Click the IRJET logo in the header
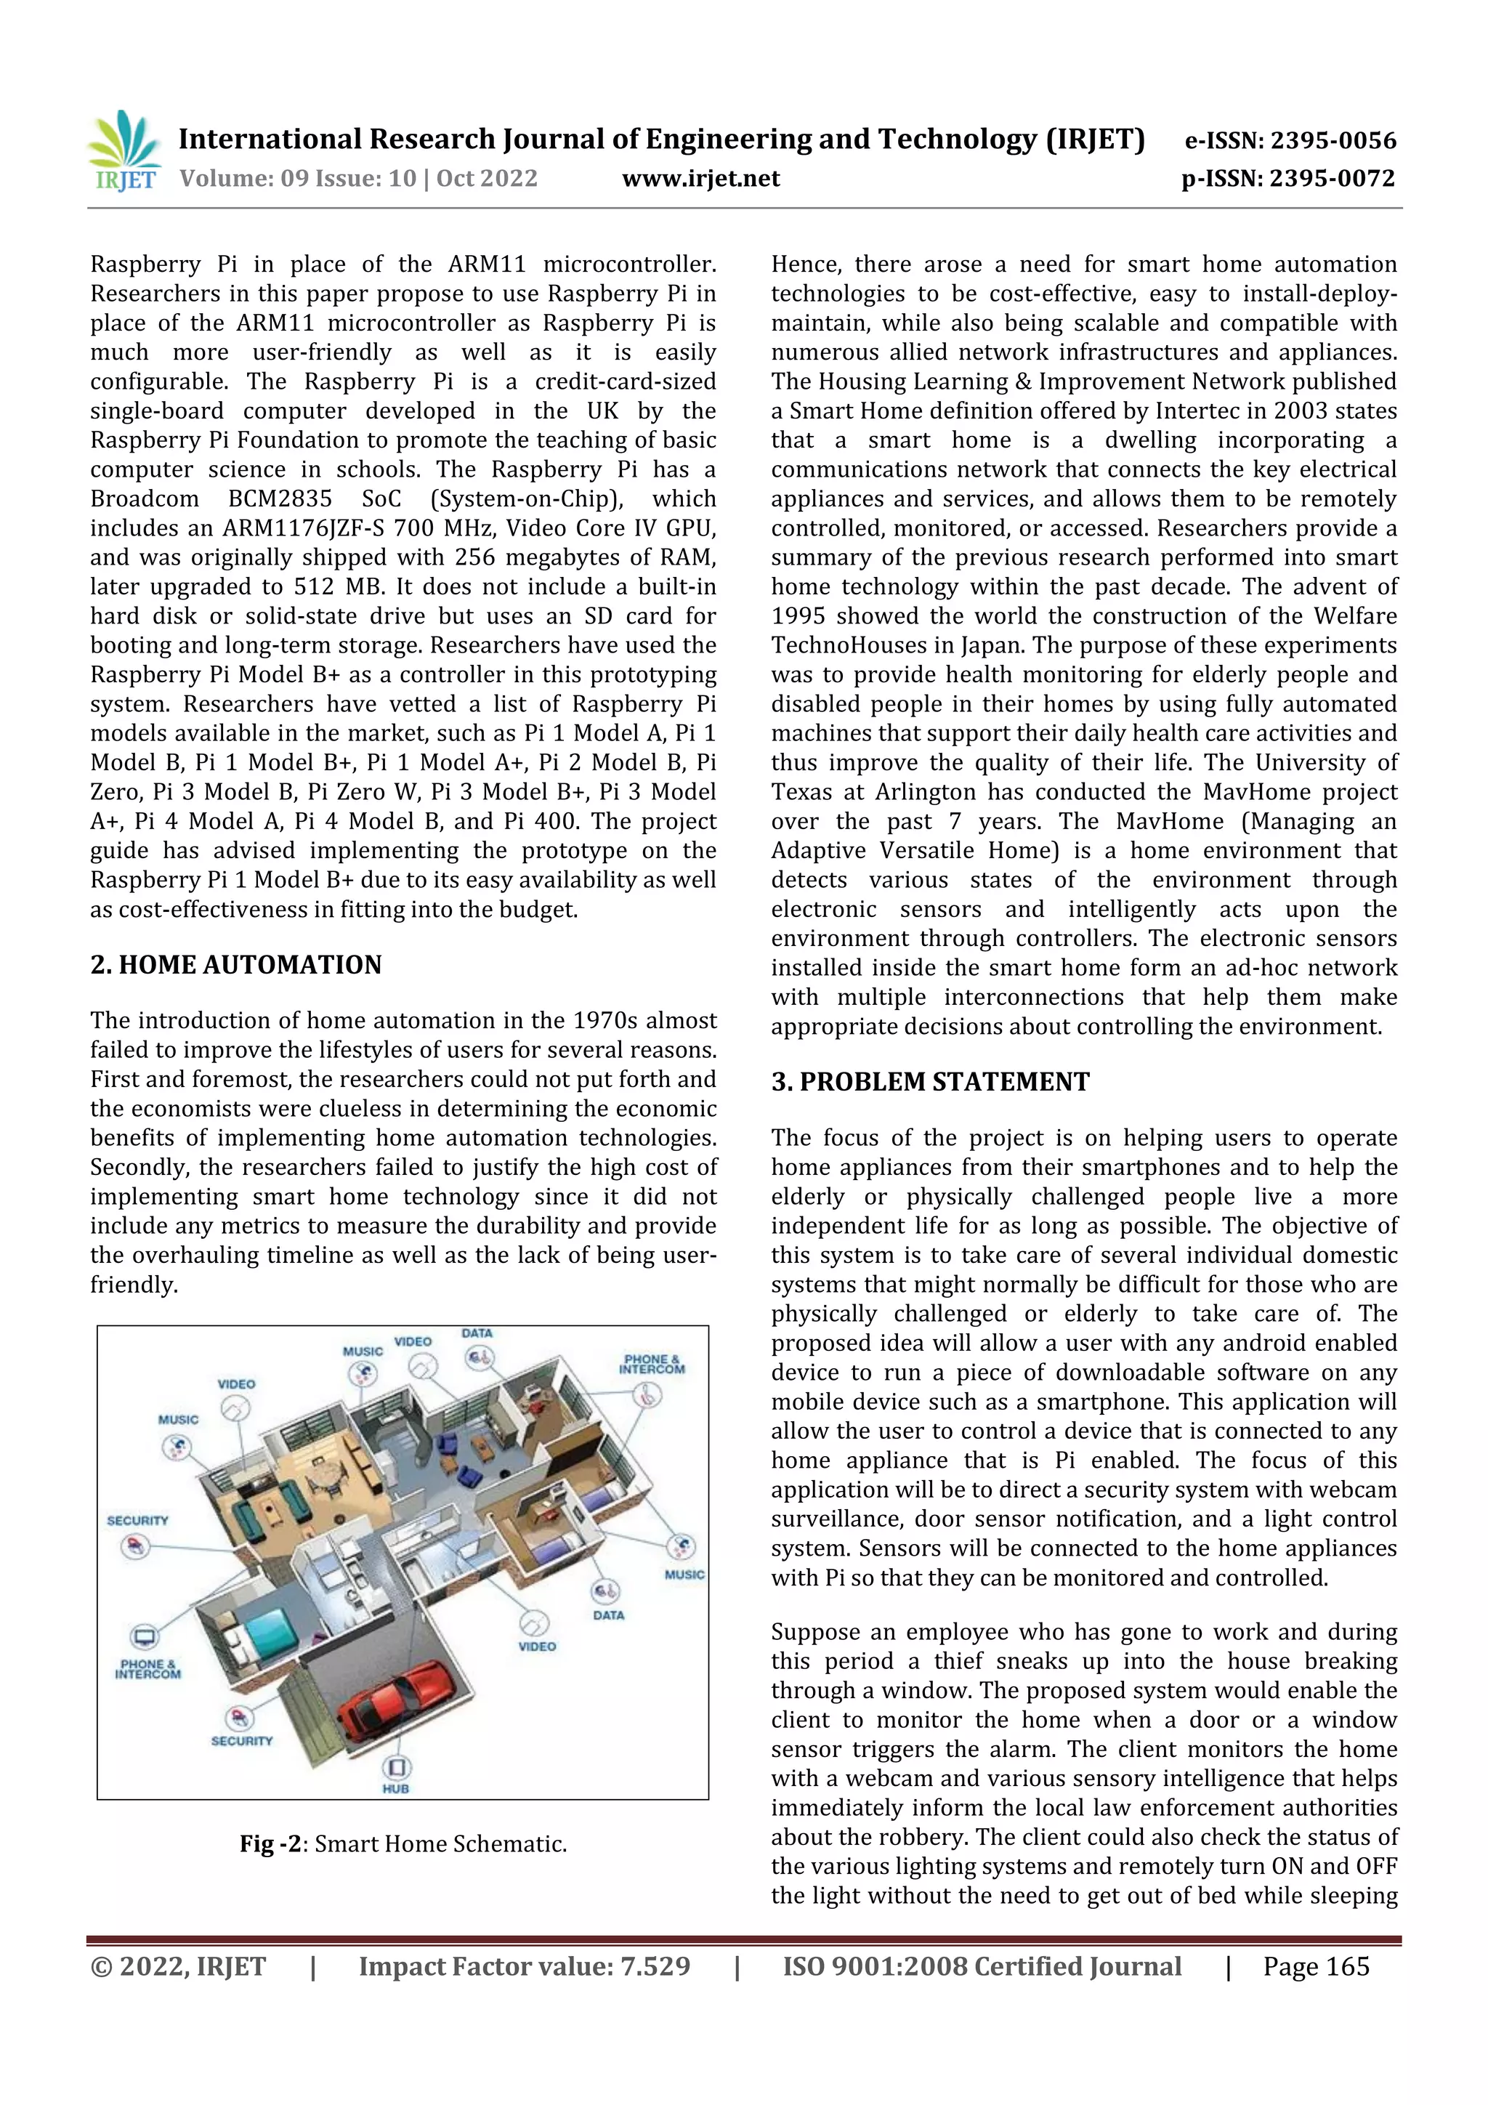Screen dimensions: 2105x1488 point(123,151)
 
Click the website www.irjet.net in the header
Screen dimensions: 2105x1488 point(700,178)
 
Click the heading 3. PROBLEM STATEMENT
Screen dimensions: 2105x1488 point(930,1082)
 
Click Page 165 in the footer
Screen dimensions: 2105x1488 point(1316,1966)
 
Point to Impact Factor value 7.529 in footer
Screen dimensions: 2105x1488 point(525,1966)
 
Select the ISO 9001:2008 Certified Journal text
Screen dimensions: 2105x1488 point(982,1966)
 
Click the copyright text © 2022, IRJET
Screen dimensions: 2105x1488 point(178,1966)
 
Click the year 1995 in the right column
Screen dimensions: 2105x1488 point(798,616)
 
